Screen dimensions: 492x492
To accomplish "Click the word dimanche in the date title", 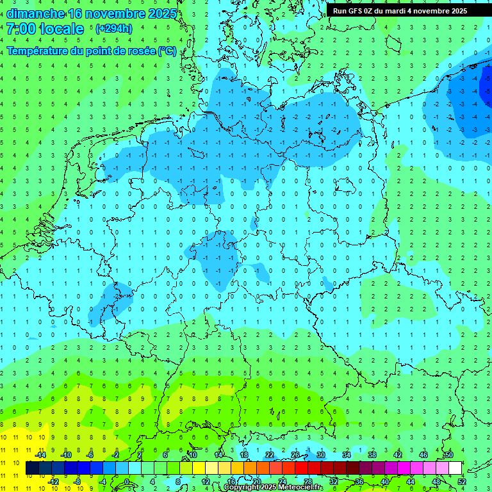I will pos(35,13).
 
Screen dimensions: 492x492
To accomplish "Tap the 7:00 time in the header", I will pos(20,29).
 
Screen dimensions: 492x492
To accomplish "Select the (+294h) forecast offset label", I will pos(114,29).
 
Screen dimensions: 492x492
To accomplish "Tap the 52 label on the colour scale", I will pos(462,481).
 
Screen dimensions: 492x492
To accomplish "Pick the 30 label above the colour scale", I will pos(320,455).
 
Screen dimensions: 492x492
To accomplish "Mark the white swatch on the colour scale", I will pos(455,468).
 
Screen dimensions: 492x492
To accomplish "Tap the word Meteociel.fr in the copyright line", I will pos(300,488).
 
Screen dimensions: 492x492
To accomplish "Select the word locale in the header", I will pos(61,29).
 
